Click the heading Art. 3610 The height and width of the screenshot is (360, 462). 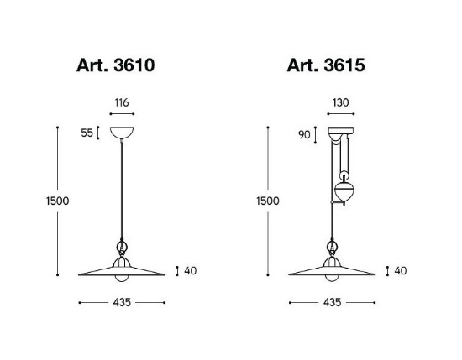[x=116, y=65]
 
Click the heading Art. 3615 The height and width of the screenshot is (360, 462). [x=326, y=65]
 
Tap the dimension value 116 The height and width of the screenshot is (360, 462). [x=122, y=102]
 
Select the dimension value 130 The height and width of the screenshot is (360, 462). [x=340, y=102]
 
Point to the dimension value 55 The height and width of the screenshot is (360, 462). [x=87, y=133]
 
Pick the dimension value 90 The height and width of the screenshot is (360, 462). [x=304, y=135]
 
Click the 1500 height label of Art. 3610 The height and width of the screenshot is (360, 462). [x=57, y=201]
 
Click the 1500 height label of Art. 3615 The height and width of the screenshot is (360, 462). [x=268, y=201]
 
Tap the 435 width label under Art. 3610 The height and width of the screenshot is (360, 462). [x=122, y=302]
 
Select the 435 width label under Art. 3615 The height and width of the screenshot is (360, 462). [x=333, y=302]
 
